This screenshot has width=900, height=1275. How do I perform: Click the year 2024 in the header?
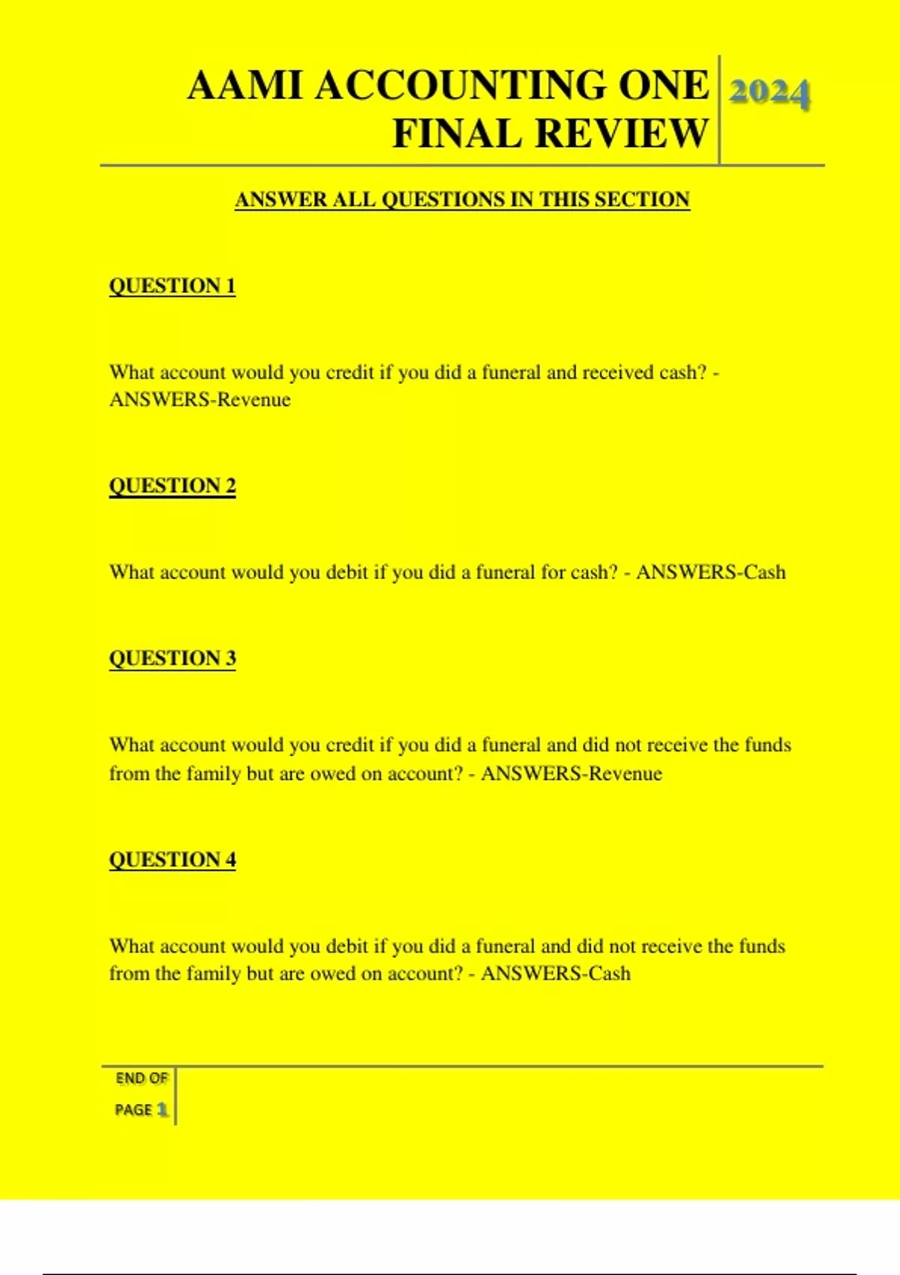point(769,93)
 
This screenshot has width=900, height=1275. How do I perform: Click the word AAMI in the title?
point(244,85)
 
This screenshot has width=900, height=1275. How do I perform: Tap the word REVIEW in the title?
point(622,133)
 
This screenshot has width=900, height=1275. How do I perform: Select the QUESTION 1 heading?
point(172,286)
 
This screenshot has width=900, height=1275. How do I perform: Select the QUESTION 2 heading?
point(172,486)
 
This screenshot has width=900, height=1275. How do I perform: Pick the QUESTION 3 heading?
point(172,658)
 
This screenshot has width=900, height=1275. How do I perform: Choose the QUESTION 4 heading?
point(172,859)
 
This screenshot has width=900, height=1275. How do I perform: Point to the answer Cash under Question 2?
point(764,572)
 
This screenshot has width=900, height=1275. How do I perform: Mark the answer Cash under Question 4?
point(609,973)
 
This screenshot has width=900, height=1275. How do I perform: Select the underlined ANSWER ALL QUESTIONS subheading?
point(462,199)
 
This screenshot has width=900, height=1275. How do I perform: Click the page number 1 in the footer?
point(162,1110)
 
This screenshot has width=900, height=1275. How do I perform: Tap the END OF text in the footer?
point(141,1078)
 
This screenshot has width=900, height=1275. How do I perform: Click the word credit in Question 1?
point(349,373)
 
